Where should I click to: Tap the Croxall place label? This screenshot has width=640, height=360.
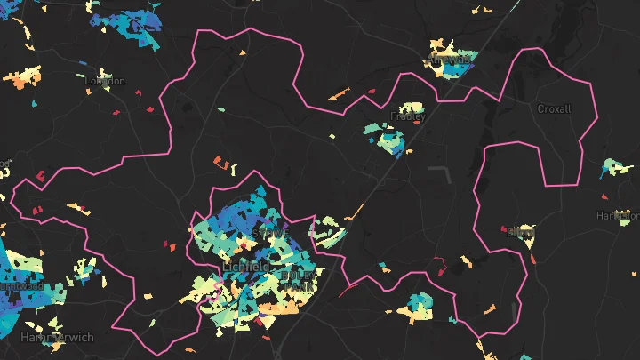555,108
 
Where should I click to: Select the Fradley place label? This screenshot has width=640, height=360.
408,116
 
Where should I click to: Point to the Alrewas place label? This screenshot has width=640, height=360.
447,60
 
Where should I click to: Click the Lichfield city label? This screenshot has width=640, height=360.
246,267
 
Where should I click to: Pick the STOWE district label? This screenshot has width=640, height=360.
270,232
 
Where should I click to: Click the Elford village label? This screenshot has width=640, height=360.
520,233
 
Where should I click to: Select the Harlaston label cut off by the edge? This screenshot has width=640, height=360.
619,215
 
